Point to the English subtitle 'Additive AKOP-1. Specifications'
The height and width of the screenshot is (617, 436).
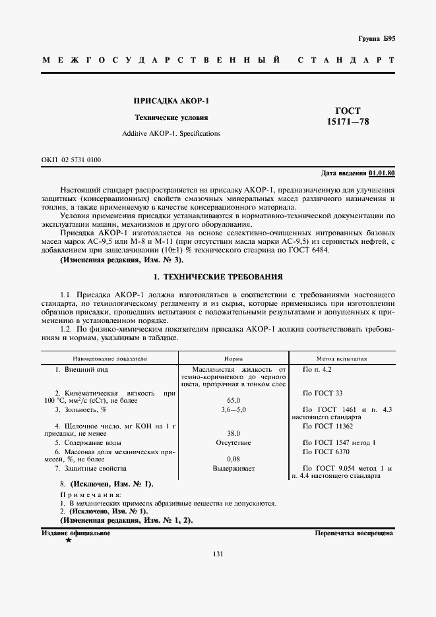click(171, 133)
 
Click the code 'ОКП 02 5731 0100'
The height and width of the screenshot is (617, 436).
click(71, 160)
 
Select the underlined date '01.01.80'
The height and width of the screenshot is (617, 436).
click(382, 173)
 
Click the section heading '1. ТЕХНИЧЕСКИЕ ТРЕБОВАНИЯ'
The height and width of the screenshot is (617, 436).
click(218, 278)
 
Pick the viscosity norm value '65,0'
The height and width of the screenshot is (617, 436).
click(233, 400)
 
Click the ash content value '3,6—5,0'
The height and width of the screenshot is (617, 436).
click(233, 409)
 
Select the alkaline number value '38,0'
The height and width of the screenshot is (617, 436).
click(233, 434)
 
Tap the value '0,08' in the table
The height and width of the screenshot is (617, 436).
click(233, 459)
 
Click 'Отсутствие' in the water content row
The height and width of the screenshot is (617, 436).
click(233, 442)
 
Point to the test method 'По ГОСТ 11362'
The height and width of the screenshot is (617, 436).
click(326, 426)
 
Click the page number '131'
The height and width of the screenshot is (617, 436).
click(218, 554)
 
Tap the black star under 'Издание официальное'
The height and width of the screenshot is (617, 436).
click(68, 541)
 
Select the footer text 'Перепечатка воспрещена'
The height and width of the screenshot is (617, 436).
click(354, 533)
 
